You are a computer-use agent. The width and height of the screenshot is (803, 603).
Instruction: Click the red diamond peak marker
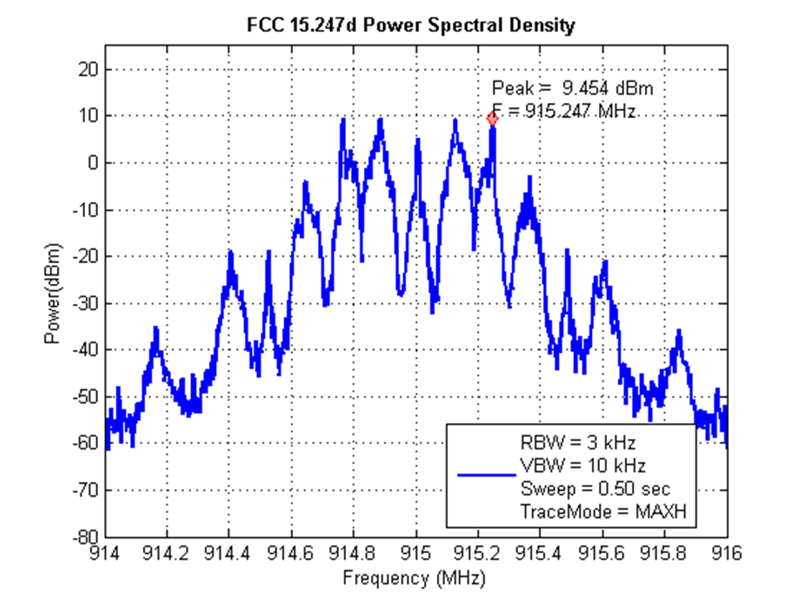[492, 118]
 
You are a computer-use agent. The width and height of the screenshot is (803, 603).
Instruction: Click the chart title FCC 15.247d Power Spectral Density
[410, 26]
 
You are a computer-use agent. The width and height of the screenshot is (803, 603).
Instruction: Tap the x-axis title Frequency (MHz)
[414, 576]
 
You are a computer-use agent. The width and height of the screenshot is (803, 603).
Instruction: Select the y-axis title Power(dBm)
[53, 292]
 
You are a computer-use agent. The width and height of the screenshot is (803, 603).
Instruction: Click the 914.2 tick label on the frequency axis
[167, 552]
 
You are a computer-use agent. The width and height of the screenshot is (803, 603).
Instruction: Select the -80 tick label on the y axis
[87, 536]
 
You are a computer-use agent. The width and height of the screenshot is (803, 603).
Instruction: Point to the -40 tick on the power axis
[87, 350]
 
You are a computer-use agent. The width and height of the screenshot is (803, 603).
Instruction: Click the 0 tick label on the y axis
[94, 163]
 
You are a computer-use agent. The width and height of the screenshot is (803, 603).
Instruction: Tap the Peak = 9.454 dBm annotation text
[578, 88]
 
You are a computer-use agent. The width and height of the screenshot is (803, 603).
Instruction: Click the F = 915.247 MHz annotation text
[564, 112]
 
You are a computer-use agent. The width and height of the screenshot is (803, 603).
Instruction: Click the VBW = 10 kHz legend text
[582, 465]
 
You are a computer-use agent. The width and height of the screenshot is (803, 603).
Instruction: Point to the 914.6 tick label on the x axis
[291, 552]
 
